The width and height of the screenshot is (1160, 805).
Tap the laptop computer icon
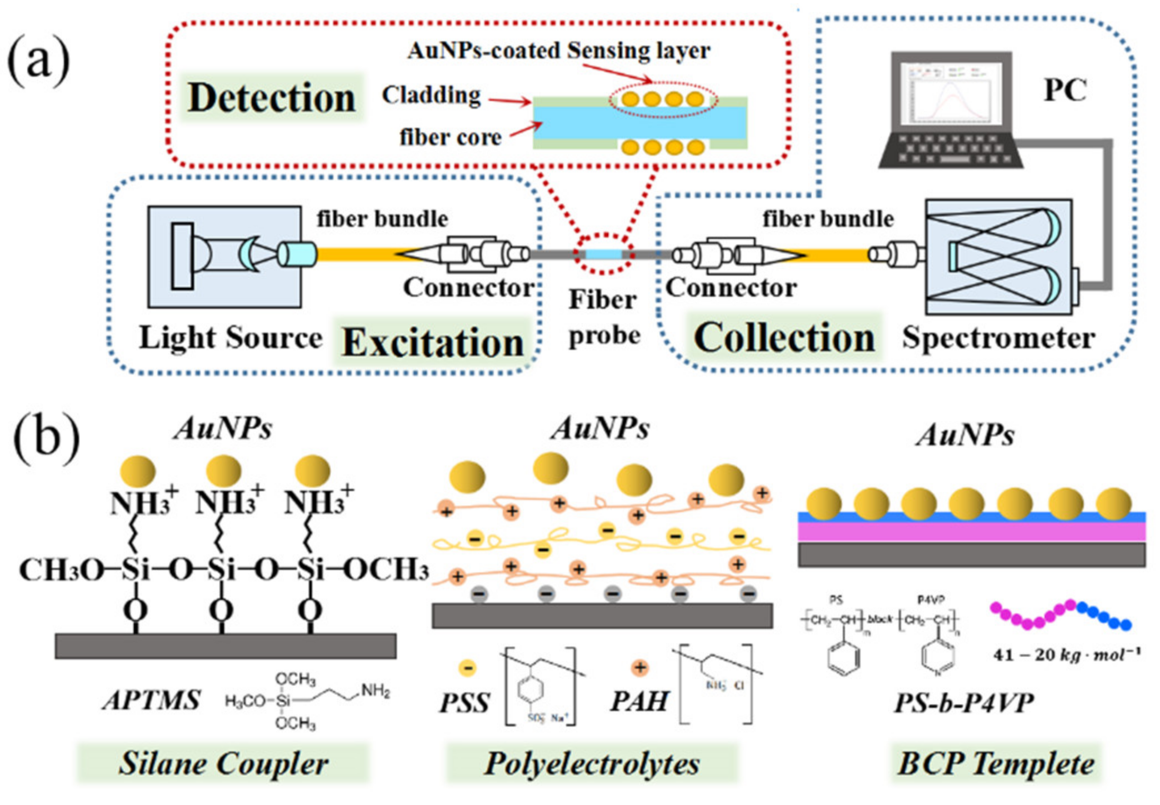[x=951, y=111]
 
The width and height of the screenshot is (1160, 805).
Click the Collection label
[x=784, y=338]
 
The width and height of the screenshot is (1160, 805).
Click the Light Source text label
[x=230, y=338]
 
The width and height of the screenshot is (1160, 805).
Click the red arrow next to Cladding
[x=509, y=101]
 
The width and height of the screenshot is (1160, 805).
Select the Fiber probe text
[x=603, y=318]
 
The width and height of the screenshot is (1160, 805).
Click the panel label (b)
[x=46, y=439]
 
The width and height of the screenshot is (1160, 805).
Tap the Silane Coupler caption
[x=223, y=763]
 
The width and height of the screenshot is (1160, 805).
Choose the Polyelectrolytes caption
[x=592, y=763]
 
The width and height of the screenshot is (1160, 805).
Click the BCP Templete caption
[x=996, y=763]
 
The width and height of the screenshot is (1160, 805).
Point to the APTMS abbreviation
[x=151, y=700]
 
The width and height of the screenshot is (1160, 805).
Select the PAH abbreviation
[x=639, y=701]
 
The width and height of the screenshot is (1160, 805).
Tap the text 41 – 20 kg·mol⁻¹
[x=1066, y=655]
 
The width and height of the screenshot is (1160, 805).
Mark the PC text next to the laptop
[x=1064, y=90]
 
